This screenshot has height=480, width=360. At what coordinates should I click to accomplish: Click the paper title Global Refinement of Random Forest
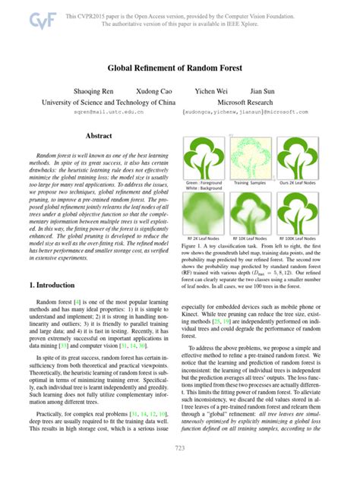tap(179, 68)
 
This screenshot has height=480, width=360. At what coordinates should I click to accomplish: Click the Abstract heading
tap(99, 136)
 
